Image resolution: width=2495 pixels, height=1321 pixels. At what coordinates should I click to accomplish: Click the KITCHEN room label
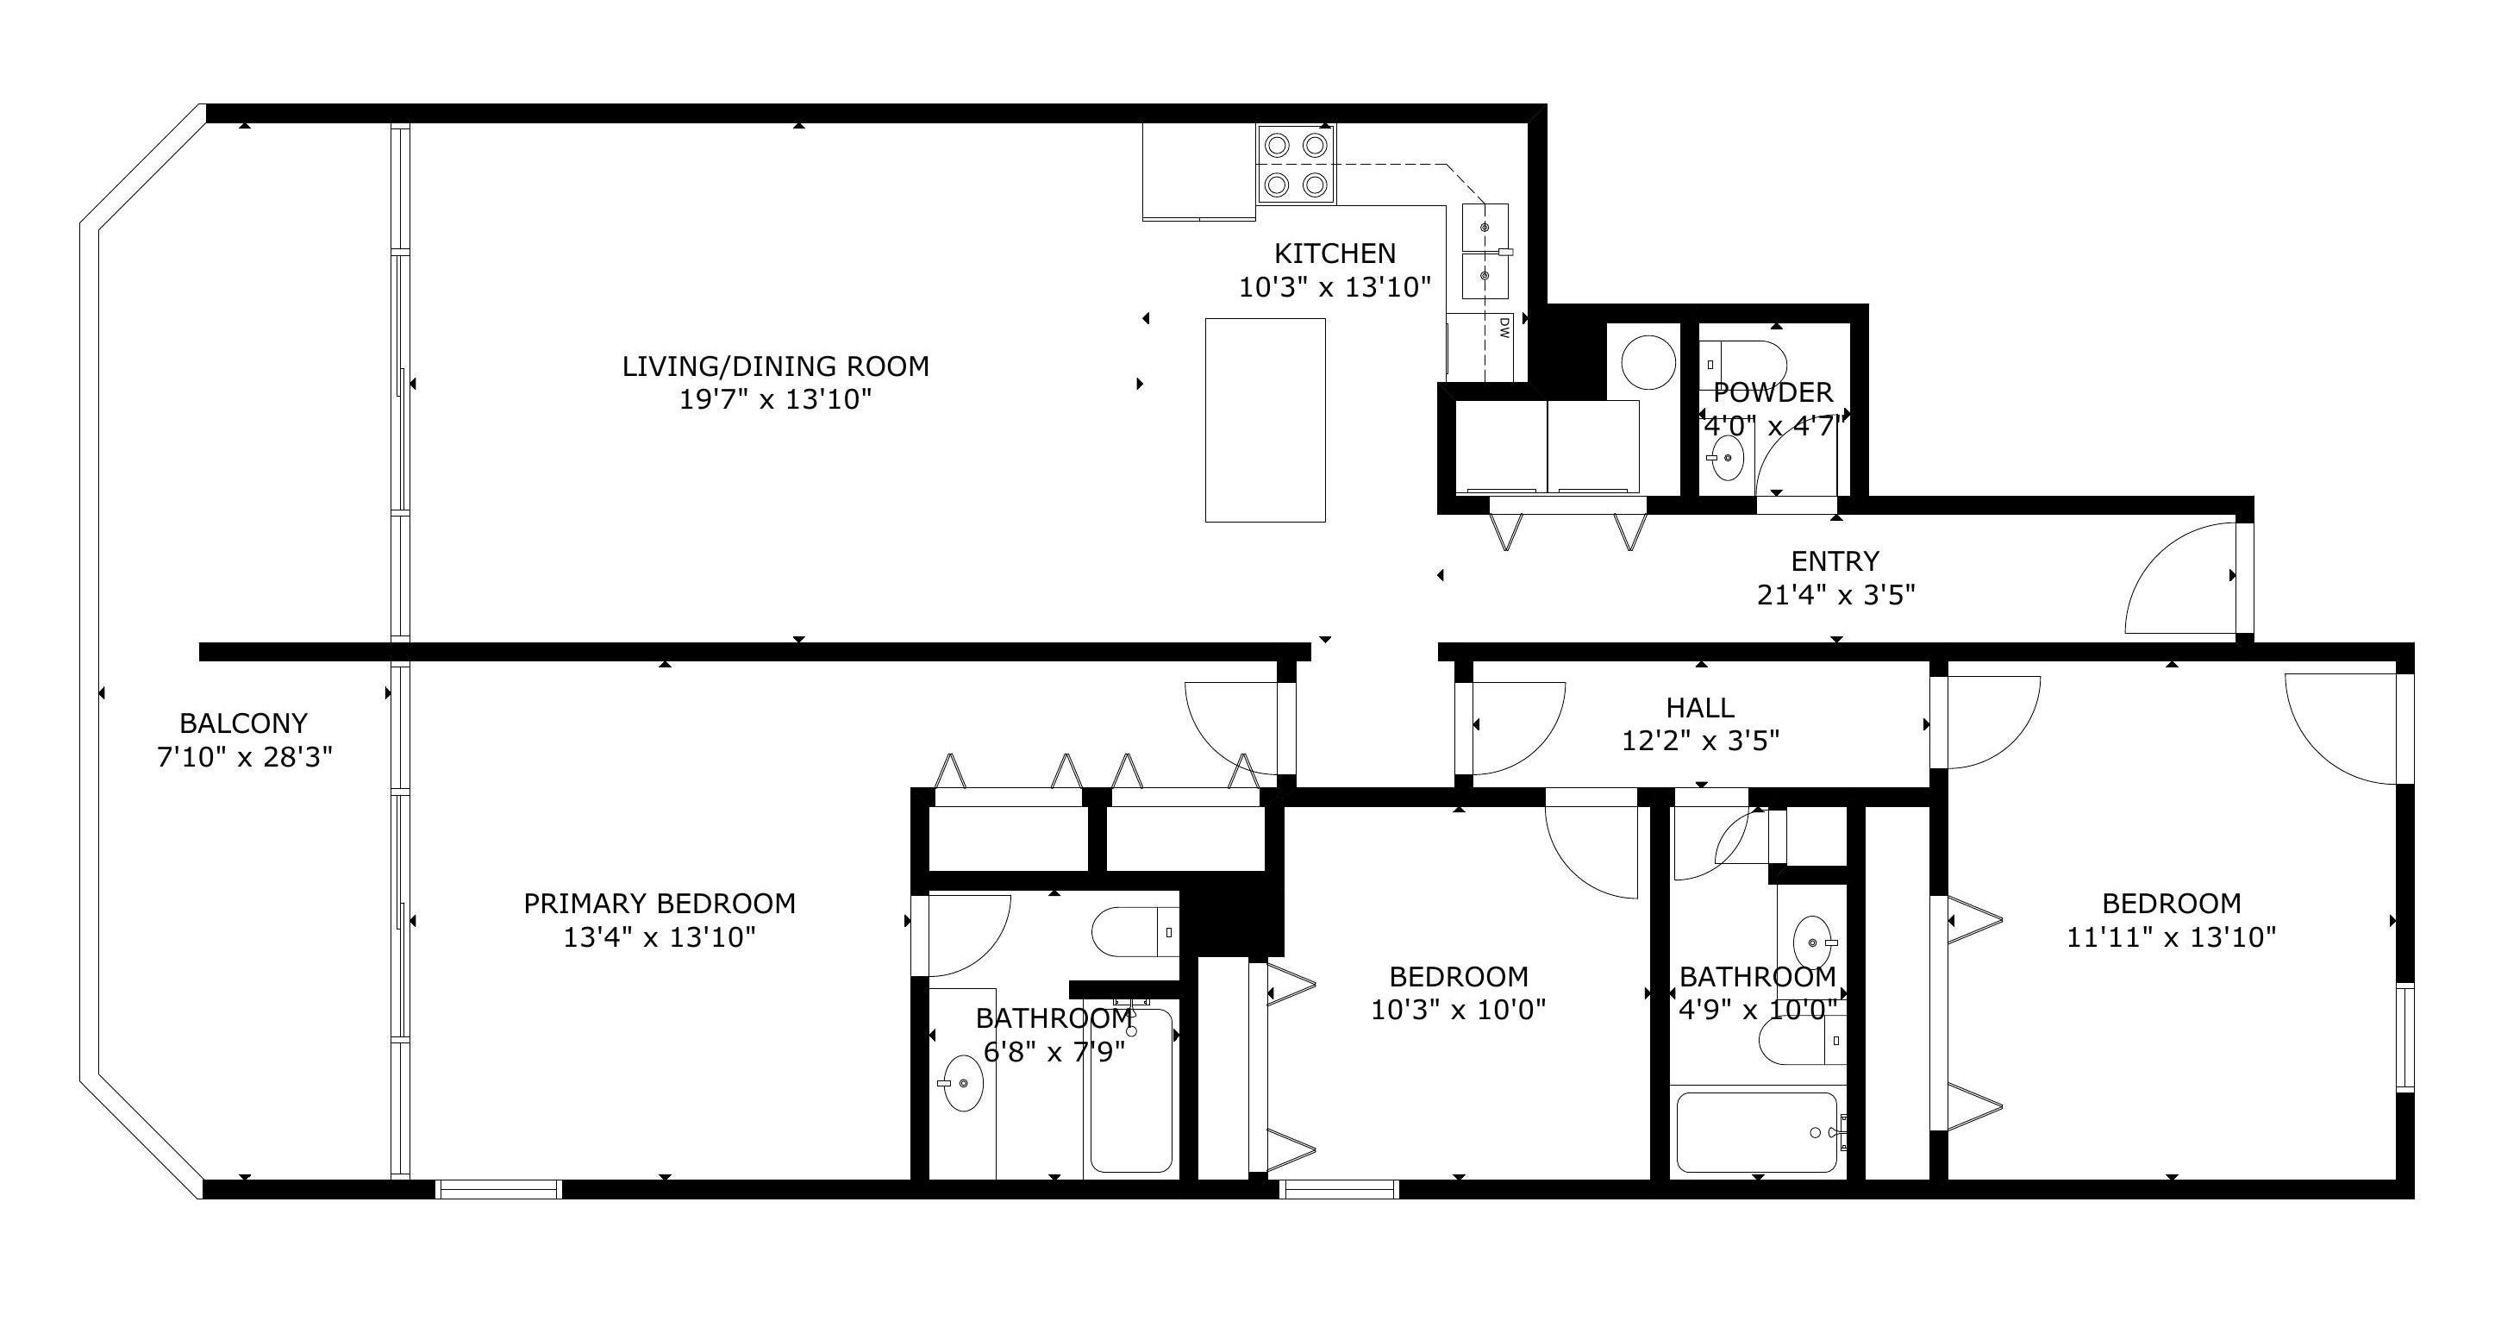[1335, 254]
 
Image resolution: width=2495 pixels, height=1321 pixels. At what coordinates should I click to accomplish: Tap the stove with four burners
[1296, 164]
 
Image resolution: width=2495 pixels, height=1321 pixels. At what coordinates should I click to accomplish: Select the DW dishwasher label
[1504, 328]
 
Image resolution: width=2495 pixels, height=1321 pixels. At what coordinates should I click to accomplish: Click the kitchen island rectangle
[1265, 420]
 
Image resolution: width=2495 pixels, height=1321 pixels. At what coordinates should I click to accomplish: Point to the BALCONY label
[244, 723]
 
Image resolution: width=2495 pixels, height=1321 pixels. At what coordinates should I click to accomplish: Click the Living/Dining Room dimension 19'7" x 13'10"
[776, 399]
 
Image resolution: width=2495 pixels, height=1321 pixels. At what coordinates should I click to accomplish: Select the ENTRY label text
[1835, 561]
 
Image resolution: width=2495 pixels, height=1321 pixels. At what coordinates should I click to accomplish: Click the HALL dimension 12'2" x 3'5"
[1701, 742]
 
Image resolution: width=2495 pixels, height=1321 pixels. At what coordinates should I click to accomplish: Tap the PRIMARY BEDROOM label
[660, 904]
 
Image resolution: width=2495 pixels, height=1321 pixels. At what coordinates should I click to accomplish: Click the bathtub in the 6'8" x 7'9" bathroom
[1131, 1092]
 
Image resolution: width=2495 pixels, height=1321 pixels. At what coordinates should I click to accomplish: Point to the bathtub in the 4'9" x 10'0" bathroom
[1757, 1132]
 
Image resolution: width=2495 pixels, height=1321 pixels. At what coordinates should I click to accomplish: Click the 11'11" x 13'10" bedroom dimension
[2172, 937]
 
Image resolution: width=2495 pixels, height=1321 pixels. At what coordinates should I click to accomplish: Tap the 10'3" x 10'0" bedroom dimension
[1458, 1010]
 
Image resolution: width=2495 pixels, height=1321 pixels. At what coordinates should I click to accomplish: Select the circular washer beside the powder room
[1648, 362]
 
